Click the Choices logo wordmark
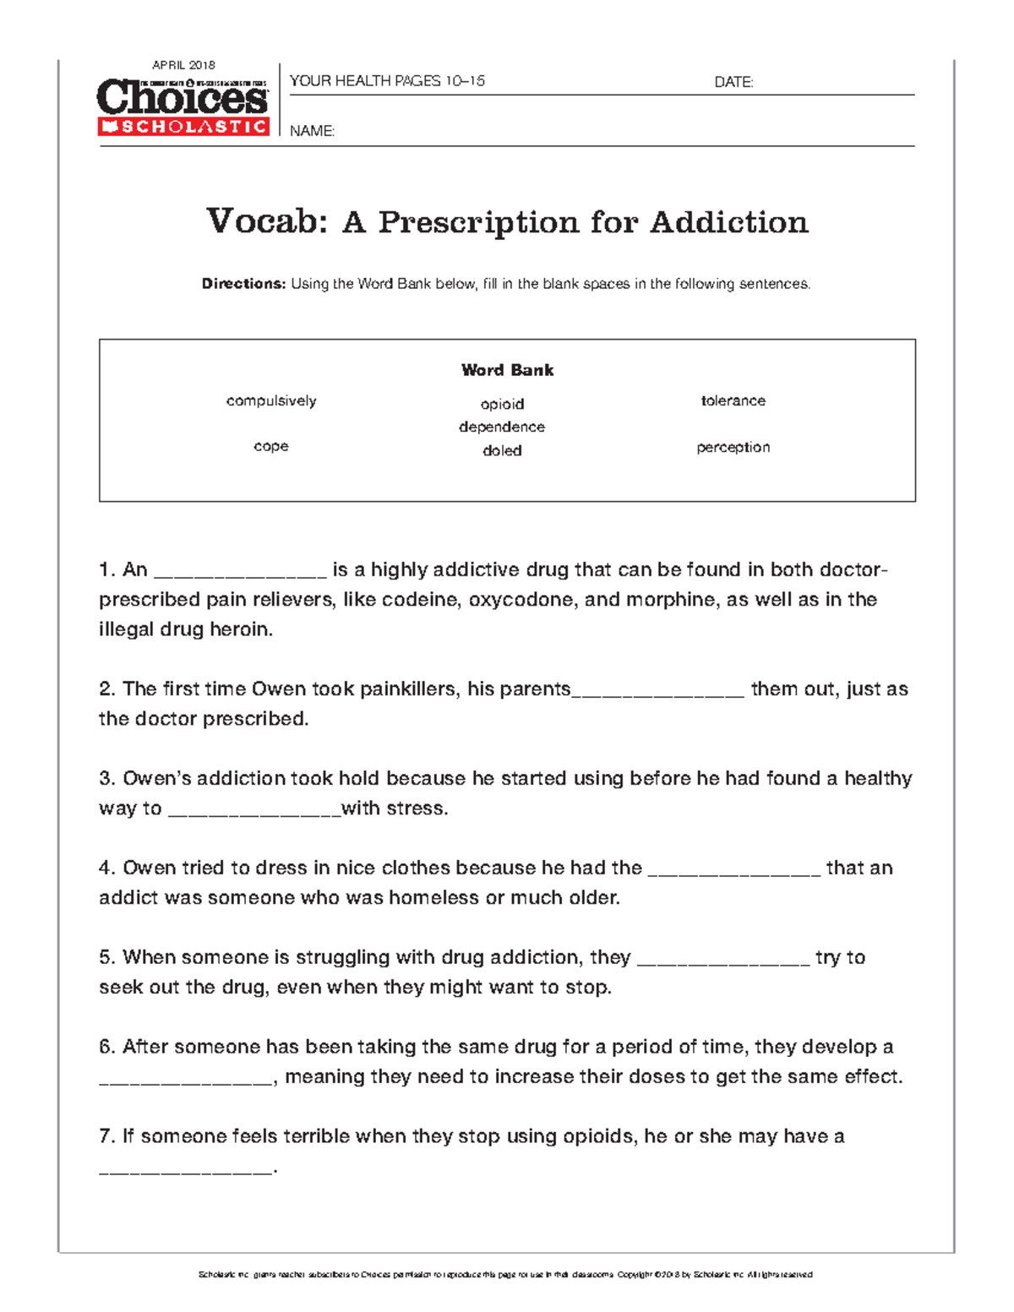click(x=183, y=97)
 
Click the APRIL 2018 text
click(x=183, y=65)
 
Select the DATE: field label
click(x=733, y=82)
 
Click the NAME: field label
click(x=312, y=131)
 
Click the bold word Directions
click(x=243, y=284)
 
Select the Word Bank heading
click(x=507, y=370)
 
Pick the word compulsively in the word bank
click(x=271, y=400)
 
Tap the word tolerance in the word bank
click(x=733, y=400)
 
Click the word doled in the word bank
click(x=502, y=450)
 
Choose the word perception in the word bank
click(x=733, y=447)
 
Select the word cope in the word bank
click(x=271, y=446)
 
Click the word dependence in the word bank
click(x=502, y=427)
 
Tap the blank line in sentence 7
click(x=186, y=1171)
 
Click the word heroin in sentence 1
click(x=245, y=629)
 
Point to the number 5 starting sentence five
click(x=105, y=957)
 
